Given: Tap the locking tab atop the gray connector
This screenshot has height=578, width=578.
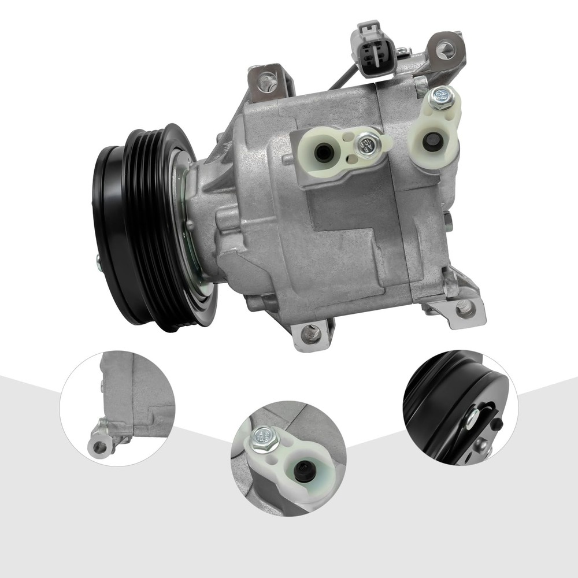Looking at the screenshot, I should [x=368, y=29].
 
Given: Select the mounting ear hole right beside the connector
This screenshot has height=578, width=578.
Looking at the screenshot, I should [x=446, y=49].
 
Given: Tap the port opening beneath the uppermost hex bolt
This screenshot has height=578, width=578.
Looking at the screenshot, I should [x=431, y=142].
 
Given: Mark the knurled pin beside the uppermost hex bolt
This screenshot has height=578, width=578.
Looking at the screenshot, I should [x=421, y=86].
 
